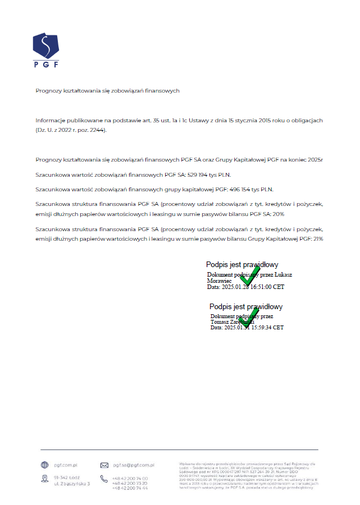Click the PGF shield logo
45,46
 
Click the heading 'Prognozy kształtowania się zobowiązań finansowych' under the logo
107,91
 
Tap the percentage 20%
278,214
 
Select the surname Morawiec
220,281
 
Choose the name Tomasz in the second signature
220,322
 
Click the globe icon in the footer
45,465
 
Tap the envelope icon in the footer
104,465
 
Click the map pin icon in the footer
45,479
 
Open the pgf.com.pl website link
66,465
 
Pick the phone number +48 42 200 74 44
130,488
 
